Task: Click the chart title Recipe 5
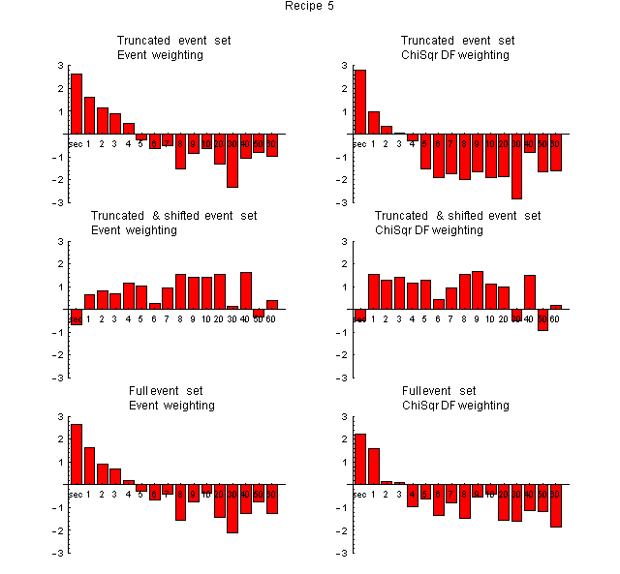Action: point(310,7)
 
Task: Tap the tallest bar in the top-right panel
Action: point(360,102)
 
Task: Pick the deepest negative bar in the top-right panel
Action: point(517,166)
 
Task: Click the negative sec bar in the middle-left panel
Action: point(76,317)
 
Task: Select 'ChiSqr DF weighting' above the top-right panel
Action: point(455,55)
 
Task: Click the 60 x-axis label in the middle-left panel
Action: point(272,318)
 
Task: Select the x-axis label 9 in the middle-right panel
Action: point(477,318)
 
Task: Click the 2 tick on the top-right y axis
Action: point(346,88)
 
